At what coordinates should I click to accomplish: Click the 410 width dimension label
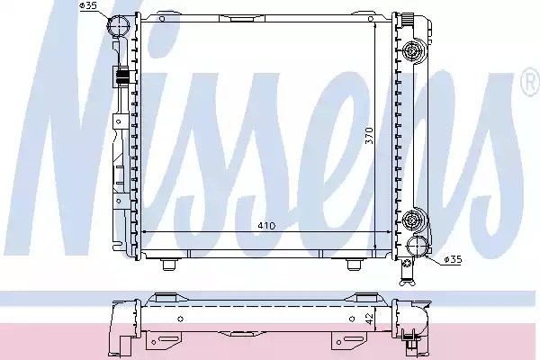click(266, 226)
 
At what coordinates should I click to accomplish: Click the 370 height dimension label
click(369, 135)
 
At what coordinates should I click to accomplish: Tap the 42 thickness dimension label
click(369, 319)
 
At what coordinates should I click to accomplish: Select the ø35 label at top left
click(88, 5)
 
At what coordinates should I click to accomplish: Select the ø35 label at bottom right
click(453, 259)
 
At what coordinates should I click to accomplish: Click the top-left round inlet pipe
click(119, 26)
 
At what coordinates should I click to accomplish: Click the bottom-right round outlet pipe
click(418, 247)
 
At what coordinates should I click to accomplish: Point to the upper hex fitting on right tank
click(412, 51)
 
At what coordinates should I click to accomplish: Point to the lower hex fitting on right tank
click(412, 218)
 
